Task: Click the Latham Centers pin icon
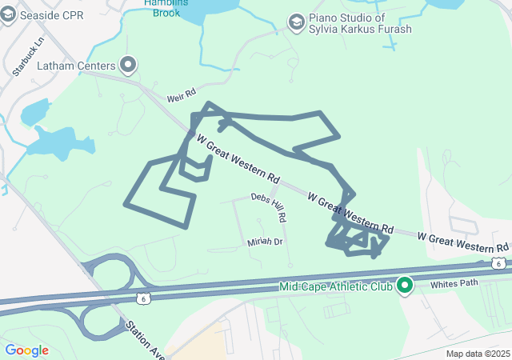[128, 65]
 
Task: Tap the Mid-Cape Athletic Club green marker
[405, 285]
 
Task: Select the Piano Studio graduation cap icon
[297, 21]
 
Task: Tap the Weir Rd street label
[181, 96]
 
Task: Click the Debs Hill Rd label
[270, 206]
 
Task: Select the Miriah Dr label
[266, 241]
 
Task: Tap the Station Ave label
[144, 339]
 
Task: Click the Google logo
[26, 350]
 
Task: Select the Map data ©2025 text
[478, 354]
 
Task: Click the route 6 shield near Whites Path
[498, 263]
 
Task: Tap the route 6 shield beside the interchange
[142, 298]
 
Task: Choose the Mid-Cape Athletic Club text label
[336, 286]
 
